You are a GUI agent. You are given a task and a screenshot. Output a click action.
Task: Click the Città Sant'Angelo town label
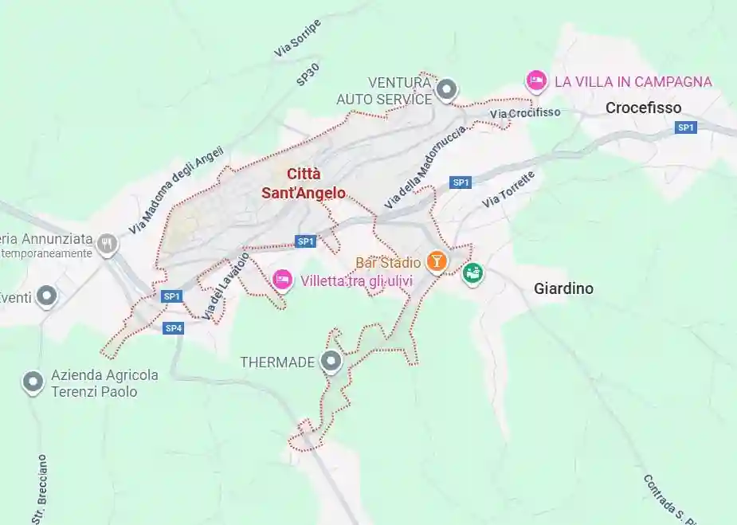click(304, 183)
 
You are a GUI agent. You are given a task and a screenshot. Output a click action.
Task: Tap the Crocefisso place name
click(643, 108)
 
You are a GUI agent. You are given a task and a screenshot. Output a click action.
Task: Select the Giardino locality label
click(563, 288)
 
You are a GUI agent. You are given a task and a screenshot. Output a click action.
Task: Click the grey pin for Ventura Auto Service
click(448, 89)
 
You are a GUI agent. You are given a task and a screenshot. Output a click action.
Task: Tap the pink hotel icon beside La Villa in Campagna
click(536, 80)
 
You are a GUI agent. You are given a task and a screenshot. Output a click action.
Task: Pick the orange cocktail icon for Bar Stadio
click(437, 261)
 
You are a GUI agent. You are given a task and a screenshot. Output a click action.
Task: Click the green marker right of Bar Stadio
click(473, 273)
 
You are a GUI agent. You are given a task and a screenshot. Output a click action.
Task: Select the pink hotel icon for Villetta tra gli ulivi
click(282, 280)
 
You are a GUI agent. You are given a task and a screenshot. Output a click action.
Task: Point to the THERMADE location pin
click(331, 362)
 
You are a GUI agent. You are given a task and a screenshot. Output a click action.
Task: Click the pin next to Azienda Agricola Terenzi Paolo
click(33, 382)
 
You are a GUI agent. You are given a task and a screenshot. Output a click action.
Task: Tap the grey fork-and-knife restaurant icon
click(108, 244)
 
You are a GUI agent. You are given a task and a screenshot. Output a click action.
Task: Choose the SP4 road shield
click(174, 328)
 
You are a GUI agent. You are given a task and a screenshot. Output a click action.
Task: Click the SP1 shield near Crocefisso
click(686, 127)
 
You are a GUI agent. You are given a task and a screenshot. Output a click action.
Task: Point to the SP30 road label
click(308, 74)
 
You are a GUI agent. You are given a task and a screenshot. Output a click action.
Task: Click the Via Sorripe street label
click(297, 38)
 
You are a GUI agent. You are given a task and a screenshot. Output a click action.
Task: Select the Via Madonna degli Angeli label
click(176, 190)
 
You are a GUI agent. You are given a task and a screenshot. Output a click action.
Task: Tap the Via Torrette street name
click(508, 190)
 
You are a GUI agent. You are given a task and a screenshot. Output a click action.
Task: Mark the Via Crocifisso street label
click(525, 113)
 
